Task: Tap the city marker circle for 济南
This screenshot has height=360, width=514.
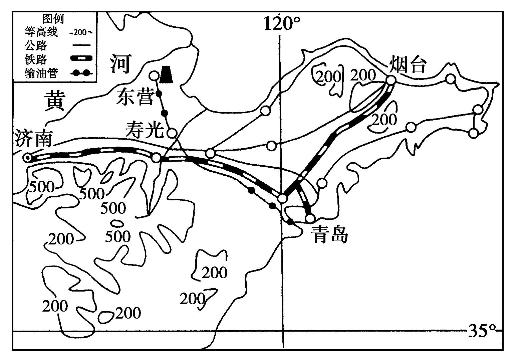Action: [x=28, y=158]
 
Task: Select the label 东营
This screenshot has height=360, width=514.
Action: [x=135, y=97]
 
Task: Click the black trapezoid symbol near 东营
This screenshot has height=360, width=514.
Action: [x=166, y=74]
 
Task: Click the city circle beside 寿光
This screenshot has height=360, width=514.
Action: [x=172, y=133]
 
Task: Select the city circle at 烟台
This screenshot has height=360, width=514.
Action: [x=391, y=80]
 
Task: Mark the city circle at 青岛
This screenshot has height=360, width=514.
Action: [x=310, y=219]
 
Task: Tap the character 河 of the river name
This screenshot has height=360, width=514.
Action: [x=120, y=64]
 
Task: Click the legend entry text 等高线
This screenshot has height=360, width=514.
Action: [x=41, y=32]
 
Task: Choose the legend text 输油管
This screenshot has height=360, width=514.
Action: [x=41, y=73]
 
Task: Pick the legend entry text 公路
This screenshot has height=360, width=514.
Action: [x=36, y=45]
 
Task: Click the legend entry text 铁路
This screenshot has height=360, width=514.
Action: [x=36, y=59]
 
